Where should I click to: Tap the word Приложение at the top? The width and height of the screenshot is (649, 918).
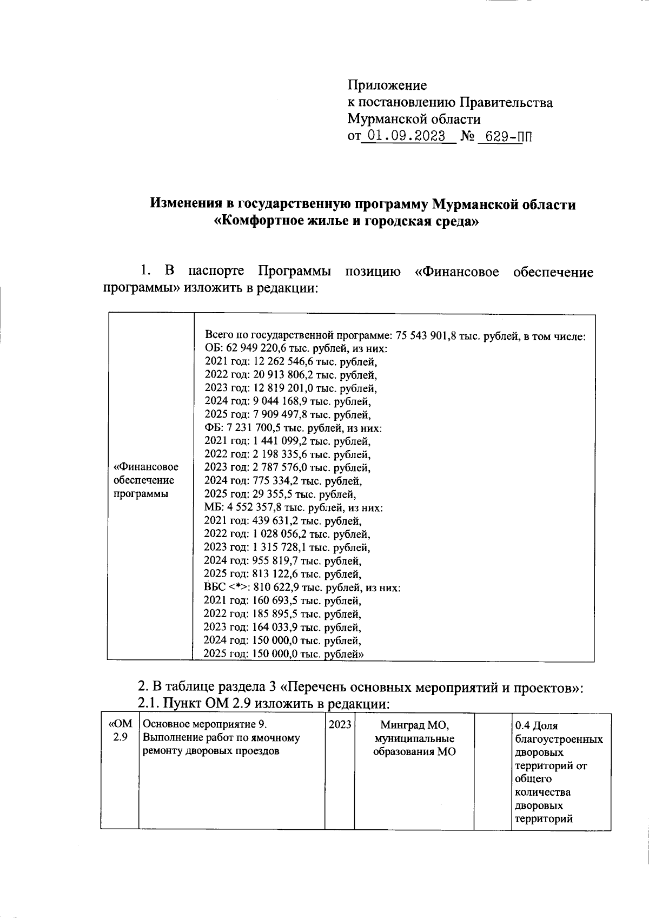coord(387,85)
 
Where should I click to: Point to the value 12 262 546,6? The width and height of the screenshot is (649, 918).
coord(283,362)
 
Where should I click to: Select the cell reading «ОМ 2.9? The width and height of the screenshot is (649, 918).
coord(120,730)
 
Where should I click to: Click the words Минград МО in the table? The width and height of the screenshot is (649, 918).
coord(415,725)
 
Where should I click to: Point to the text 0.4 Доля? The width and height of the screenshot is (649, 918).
coord(537,726)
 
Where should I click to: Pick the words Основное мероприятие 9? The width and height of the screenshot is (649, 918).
coord(204,725)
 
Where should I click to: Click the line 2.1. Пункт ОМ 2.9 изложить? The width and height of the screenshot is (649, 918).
coord(263,704)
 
